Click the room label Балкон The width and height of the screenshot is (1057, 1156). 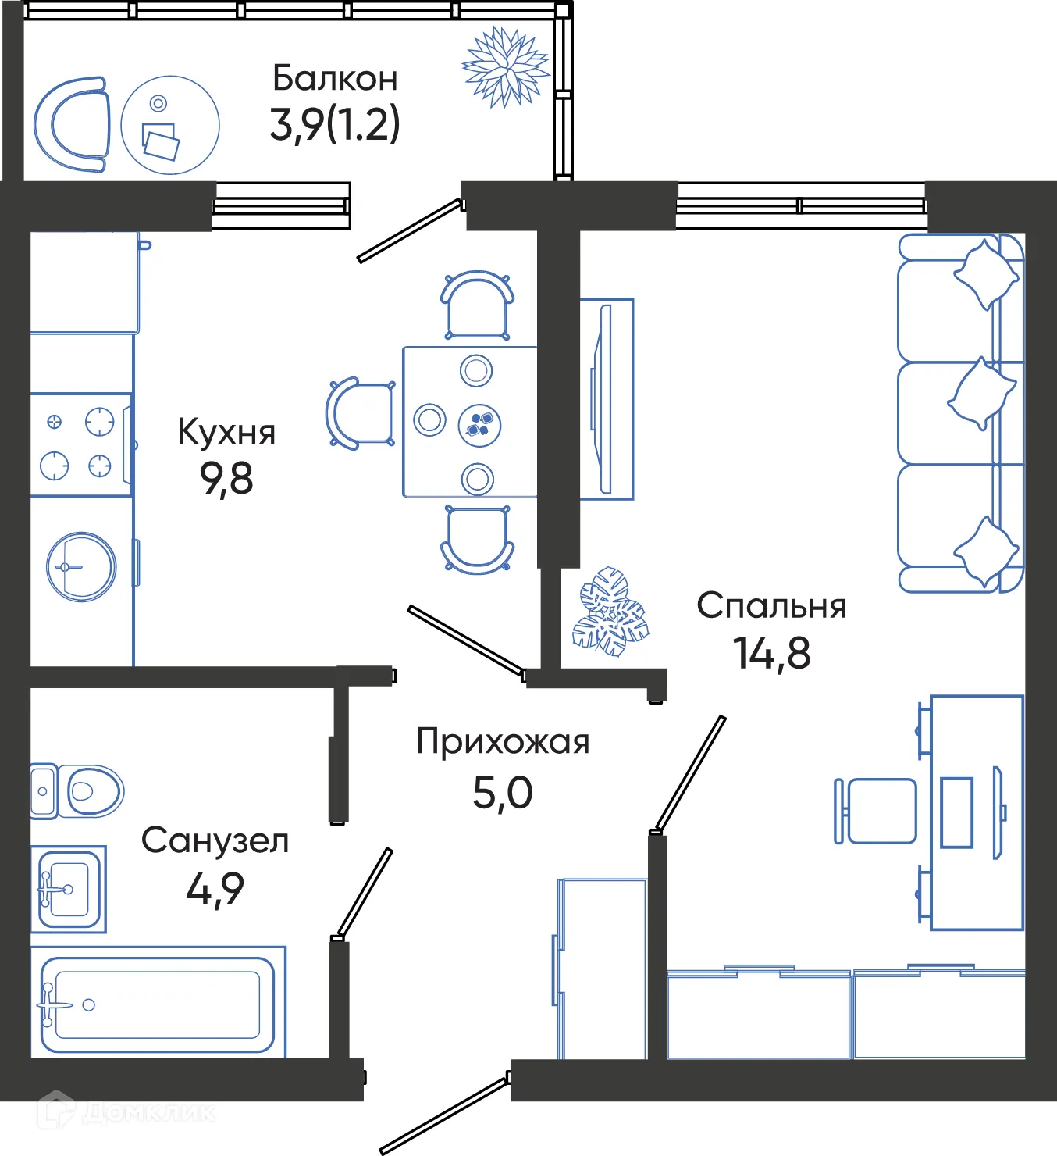pos(335,78)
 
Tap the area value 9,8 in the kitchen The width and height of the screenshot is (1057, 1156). pos(226,479)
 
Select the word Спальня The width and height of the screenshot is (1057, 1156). pos(771,606)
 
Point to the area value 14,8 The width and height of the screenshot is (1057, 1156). pos(771,653)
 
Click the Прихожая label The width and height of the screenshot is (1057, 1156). pos(503,742)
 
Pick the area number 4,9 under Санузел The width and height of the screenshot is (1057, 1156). pos(215,889)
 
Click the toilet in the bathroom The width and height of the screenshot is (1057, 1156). pos(78,791)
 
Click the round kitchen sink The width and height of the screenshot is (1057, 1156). pos(81,566)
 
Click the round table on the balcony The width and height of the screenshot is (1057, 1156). pos(170,125)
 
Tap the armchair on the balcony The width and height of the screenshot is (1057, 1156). pos(73,125)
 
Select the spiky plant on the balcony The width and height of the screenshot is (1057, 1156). pos(506,67)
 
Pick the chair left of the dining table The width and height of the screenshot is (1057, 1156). pos(361,413)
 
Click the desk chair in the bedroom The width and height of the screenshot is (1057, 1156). pos(877,811)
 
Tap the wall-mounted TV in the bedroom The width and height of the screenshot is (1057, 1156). pos(605,399)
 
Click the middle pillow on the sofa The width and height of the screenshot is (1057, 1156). pos(982,394)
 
